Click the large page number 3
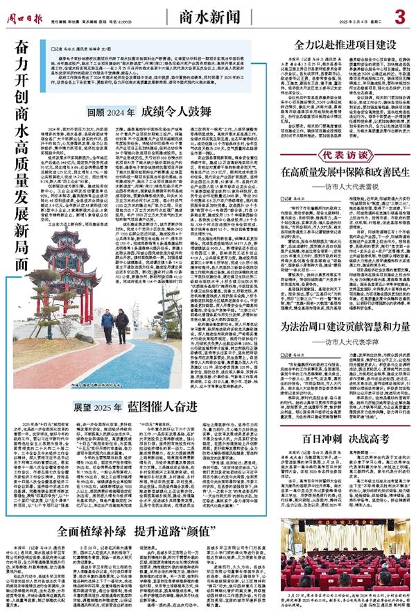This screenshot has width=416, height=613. [x=399, y=15]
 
